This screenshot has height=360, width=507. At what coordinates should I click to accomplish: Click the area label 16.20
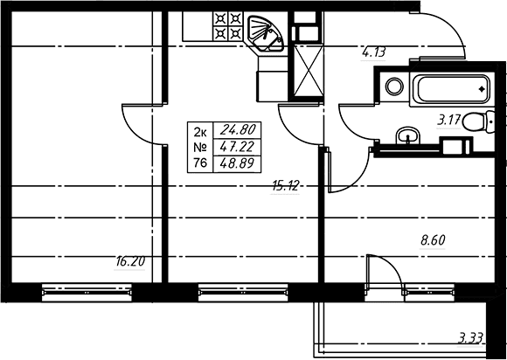(130, 262)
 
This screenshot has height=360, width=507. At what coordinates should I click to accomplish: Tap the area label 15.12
(285, 186)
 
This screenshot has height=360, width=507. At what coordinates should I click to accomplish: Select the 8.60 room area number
(433, 240)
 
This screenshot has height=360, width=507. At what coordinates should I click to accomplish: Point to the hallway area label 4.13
(373, 52)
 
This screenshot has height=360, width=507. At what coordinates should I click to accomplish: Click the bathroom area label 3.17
(448, 121)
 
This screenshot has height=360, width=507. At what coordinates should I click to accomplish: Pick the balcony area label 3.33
(471, 339)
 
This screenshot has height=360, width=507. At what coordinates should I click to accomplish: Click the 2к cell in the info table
(200, 131)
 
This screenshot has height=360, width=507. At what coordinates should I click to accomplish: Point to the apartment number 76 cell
(200, 163)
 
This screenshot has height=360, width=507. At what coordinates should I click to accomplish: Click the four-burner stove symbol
(227, 26)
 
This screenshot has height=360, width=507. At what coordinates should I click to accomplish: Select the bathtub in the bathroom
(452, 89)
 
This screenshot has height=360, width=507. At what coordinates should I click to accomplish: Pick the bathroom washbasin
(407, 136)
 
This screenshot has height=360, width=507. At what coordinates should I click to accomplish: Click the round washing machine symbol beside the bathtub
(394, 87)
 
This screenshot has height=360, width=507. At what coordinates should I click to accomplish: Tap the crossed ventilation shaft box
(309, 70)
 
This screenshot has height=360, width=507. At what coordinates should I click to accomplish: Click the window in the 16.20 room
(87, 292)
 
